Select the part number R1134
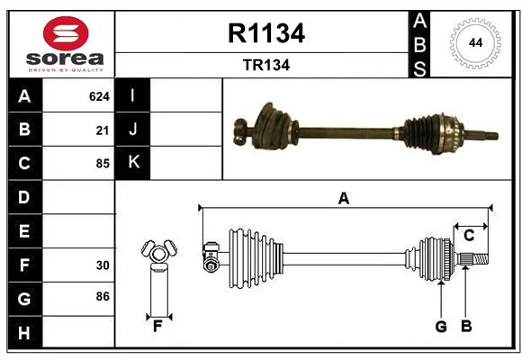point(267,33)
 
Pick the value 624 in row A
point(99,95)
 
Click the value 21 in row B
point(103,130)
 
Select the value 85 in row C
point(103,164)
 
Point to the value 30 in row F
point(103,265)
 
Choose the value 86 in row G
point(103,296)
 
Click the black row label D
point(24,197)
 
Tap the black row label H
point(24,333)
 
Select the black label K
point(133,163)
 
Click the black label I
point(133,95)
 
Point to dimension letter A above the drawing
point(343,198)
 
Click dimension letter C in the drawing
point(469,236)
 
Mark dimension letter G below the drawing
point(441,327)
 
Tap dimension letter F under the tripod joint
point(157,327)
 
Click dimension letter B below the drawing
point(466,327)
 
